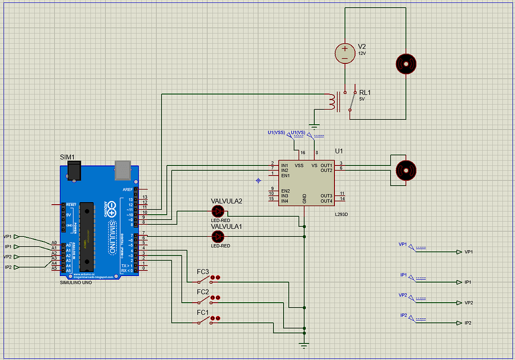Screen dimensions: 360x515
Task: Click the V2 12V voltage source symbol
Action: pyautogui.click(x=345, y=53)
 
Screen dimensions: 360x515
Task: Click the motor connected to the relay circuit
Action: pyautogui.click(x=406, y=64)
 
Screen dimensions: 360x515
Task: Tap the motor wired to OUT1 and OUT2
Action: pyautogui.click(x=405, y=169)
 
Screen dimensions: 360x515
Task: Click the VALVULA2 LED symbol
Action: pyautogui.click(x=218, y=211)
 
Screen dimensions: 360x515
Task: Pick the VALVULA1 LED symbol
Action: pyautogui.click(x=218, y=236)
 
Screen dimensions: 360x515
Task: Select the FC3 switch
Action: pyautogui.click(x=204, y=279)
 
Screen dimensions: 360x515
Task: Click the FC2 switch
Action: pyautogui.click(x=204, y=300)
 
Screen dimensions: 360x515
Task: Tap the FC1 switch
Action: pyautogui.click(x=204, y=320)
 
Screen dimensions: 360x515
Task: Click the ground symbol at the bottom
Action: pyautogui.click(x=304, y=345)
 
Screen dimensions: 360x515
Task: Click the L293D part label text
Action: pyautogui.click(x=341, y=215)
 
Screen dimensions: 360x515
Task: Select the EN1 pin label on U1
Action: pyautogui.click(x=285, y=175)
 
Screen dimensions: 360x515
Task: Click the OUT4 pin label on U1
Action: pyautogui.click(x=326, y=201)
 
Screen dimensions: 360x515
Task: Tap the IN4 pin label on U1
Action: pyautogui.click(x=285, y=201)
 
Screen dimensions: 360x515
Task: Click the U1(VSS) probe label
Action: pyautogui.click(x=276, y=133)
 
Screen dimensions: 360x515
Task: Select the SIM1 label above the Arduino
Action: pyautogui.click(x=68, y=157)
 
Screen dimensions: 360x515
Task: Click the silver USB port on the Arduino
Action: pyautogui.click(x=123, y=170)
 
